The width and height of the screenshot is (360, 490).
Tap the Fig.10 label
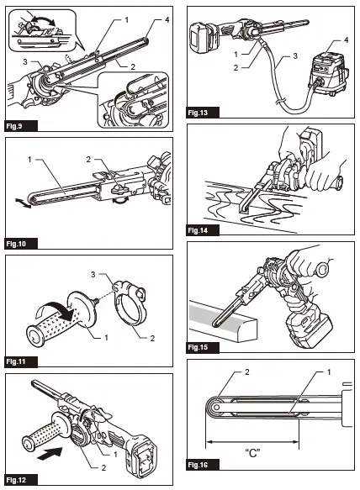point(19,244)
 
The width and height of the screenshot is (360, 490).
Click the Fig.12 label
point(19,479)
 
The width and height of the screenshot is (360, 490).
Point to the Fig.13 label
point(200,112)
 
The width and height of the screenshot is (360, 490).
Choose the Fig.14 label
point(200,229)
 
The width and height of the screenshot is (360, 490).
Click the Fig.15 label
point(200,347)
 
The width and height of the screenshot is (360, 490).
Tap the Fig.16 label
point(200,465)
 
